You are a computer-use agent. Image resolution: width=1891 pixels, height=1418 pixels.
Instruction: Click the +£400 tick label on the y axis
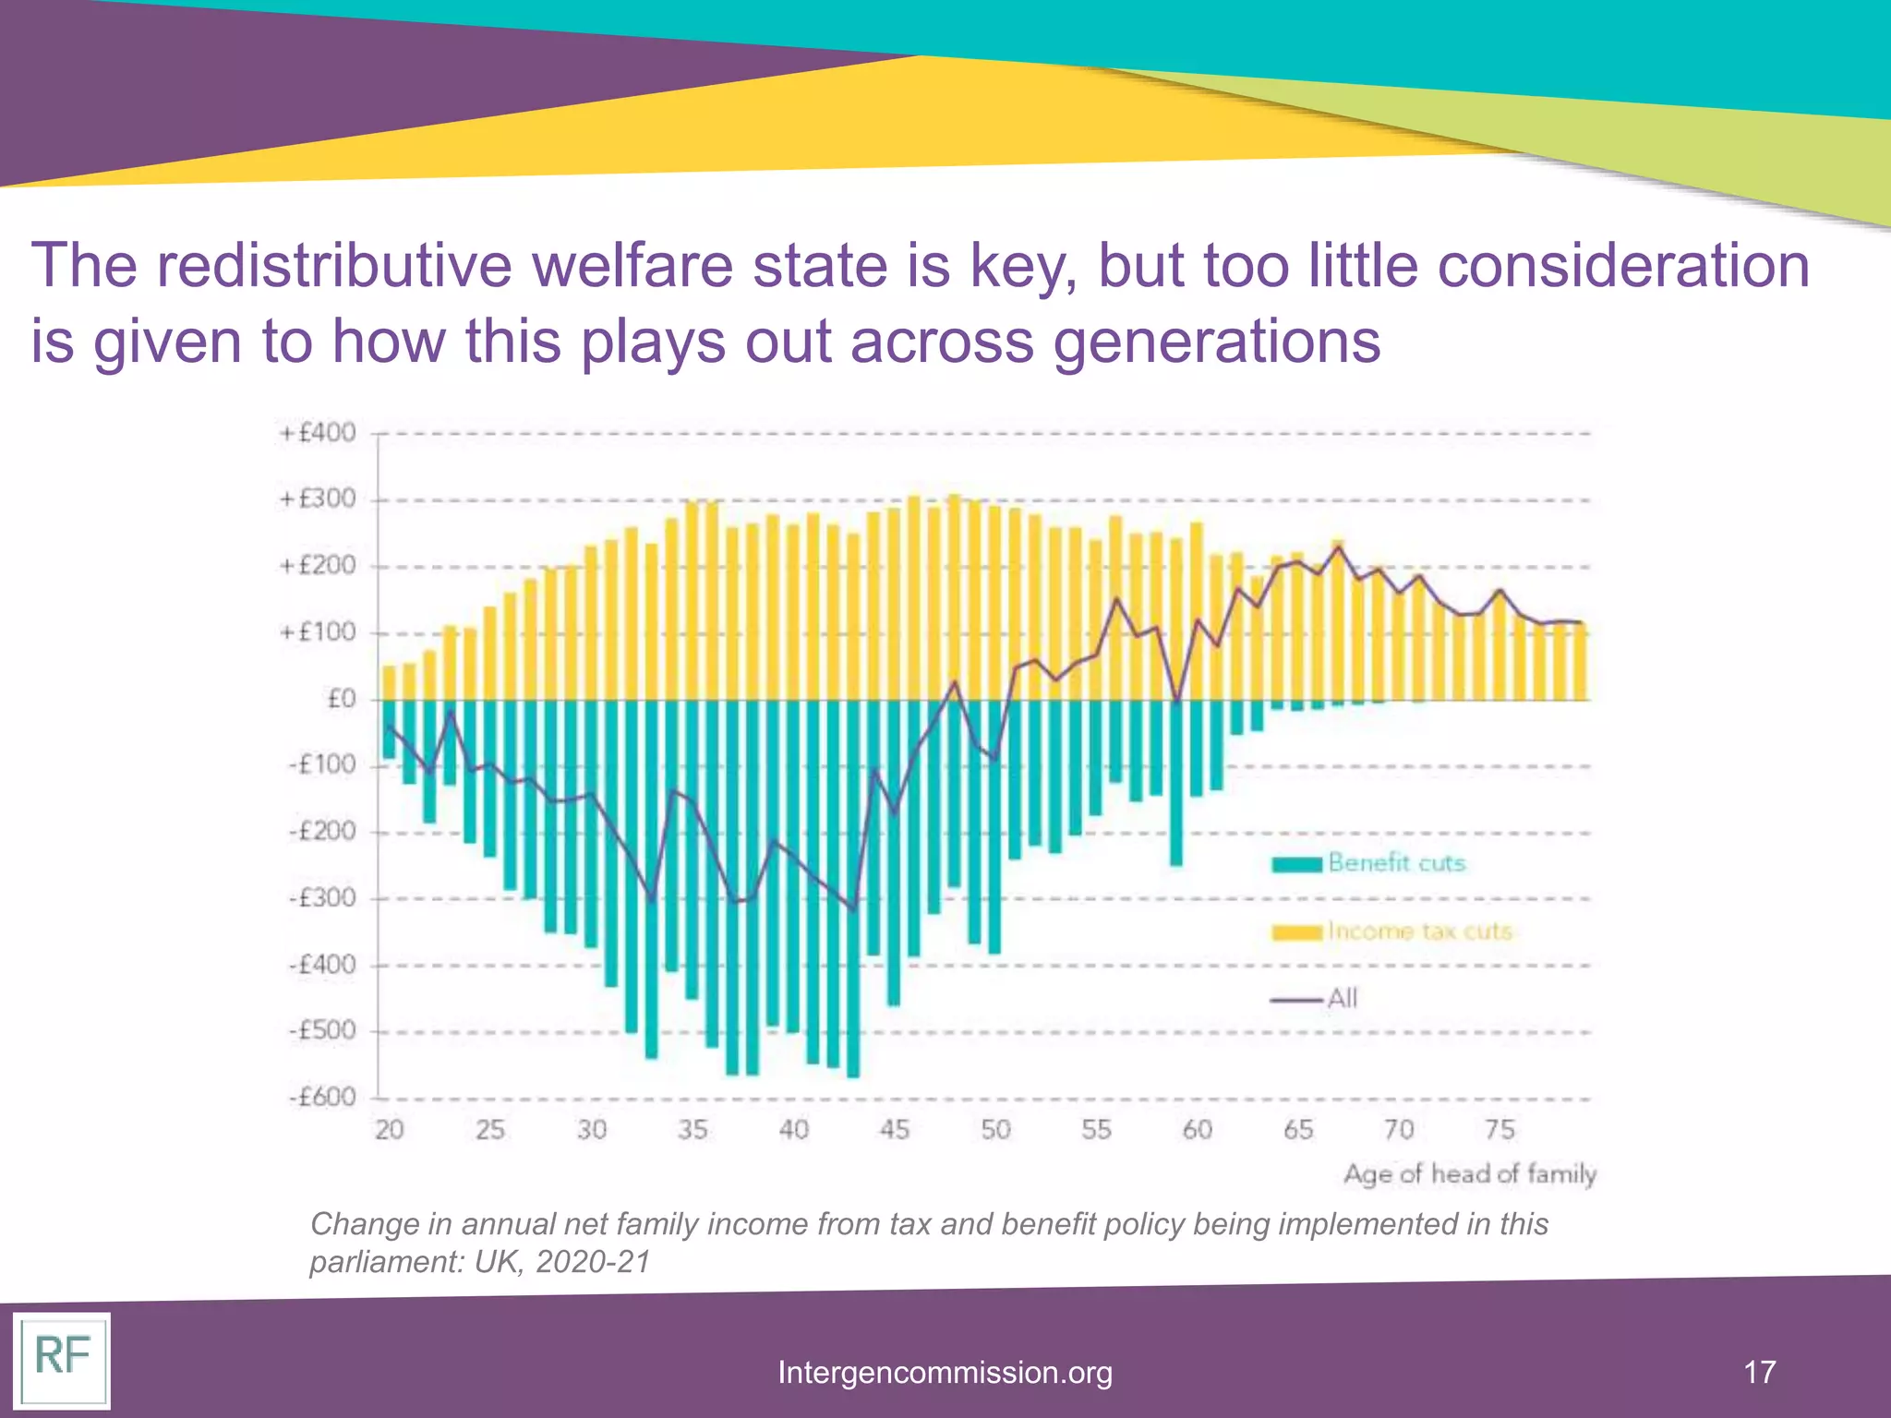(x=318, y=433)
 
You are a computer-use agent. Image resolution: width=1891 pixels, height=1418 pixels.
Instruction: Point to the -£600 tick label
(x=321, y=1098)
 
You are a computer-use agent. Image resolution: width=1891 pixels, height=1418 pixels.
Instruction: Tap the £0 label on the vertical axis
(x=341, y=699)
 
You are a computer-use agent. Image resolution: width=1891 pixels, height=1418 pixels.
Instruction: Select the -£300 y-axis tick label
(x=321, y=898)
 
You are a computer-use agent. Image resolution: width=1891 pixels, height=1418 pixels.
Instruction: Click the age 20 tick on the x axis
(x=389, y=1129)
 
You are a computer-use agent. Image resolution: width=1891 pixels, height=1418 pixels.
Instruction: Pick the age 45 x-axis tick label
(x=894, y=1129)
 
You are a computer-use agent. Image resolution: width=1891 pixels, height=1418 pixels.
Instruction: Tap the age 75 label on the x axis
(x=1500, y=1129)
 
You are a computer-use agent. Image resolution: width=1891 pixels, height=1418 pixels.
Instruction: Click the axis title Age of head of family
(x=1469, y=1174)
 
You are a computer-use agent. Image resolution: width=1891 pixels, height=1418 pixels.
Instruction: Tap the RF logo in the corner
(x=61, y=1360)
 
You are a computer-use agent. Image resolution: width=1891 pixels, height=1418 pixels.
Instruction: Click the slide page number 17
(x=1760, y=1371)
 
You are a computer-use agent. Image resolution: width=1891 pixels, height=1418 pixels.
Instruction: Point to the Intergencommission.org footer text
(x=945, y=1372)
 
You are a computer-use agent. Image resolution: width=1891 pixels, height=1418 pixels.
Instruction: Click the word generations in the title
(x=1216, y=342)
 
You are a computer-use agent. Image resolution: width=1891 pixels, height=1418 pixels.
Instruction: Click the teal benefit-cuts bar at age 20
(x=389, y=729)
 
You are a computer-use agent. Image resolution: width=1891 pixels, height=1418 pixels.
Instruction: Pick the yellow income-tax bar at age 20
(x=389, y=683)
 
